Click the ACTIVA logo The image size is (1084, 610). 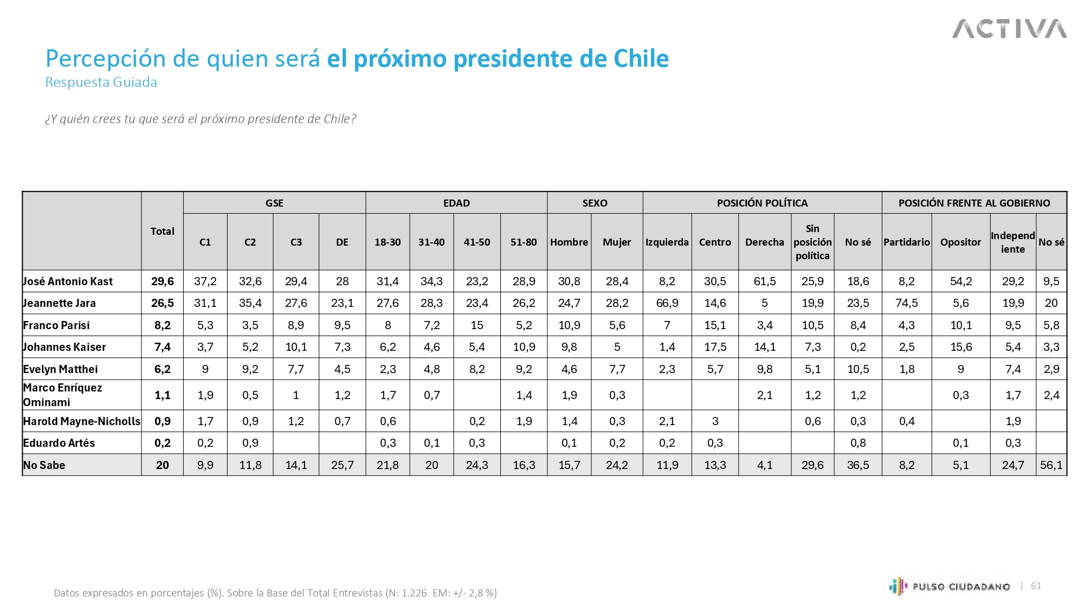(x=1009, y=29)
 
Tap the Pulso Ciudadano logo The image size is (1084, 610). (x=950, y=586)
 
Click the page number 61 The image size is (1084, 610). (x=1036, y=586)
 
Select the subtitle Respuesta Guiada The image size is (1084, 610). (x=101, y=82)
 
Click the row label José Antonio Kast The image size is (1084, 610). (x=68, y=281)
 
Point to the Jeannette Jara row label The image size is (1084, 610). (x=60, y=303)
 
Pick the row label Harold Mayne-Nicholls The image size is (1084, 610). (x=82, y=421)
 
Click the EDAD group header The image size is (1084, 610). (x=456, y=203)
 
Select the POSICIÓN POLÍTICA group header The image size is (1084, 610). (x=762, y=203)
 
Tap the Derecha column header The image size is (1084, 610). (x=764, y=242)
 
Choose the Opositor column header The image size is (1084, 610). (x=960, y=242)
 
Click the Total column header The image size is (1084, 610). (x=163, y=231)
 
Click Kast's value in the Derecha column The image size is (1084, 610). (x=764, y=281)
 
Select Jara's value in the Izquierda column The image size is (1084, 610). (x=667, y=303)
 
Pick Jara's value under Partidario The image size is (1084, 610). (x=907, y=303)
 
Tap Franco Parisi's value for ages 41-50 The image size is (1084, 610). (x=477, y=325)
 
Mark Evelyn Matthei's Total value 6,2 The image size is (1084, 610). (x=163, y=369)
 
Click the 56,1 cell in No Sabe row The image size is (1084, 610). (x=1051, y=465)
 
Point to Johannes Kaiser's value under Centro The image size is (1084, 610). (x=715, y=347)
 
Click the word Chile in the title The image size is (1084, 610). (x=642, y=59)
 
